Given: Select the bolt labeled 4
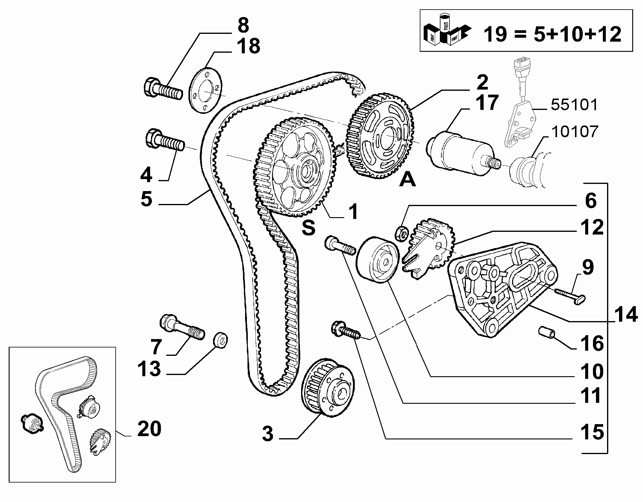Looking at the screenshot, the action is tap(164, 140).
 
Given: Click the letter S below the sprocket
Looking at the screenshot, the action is tap(308, 228).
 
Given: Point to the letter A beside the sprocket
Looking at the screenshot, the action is tap(407, 180).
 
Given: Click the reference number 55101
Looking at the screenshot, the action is tap(574, 105).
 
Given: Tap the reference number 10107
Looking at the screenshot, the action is tap(574, 132).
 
